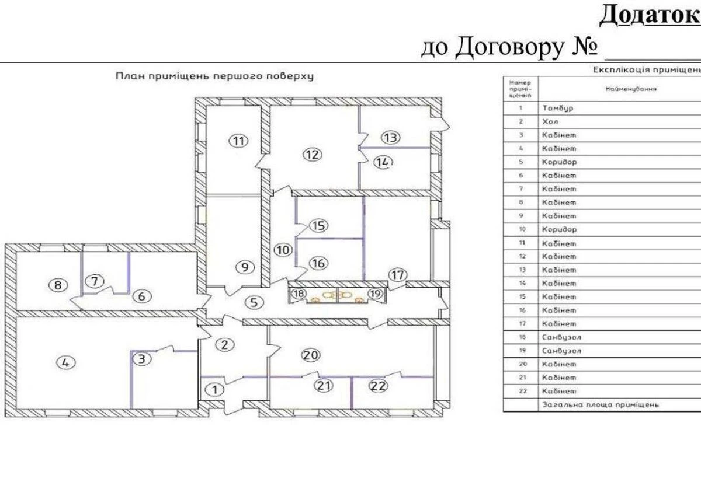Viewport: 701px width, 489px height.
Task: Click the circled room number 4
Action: [65, 362]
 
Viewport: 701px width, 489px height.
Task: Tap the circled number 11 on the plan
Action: [238, 141]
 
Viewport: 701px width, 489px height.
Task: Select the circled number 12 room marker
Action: [313, 155]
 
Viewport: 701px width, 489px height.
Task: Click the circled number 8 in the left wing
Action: [57, 285]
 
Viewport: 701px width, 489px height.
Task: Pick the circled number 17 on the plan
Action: [397, 274]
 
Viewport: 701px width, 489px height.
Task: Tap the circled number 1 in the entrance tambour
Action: [216, 389]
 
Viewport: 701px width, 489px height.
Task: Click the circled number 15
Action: [318, 225]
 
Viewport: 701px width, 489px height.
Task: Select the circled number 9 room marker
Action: [245, 267]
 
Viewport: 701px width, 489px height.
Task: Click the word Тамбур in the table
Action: [558, 108]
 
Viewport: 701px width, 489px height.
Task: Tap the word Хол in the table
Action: [550, 122]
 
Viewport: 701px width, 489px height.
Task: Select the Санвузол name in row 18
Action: [561, 337]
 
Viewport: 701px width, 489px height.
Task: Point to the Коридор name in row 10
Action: [559, 229]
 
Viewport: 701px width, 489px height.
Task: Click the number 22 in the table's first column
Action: [520, 391]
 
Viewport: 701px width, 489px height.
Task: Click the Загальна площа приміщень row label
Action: [600, 404]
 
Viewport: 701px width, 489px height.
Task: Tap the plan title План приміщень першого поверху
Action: [214, 76]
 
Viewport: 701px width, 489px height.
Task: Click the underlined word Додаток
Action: [646, 15]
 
